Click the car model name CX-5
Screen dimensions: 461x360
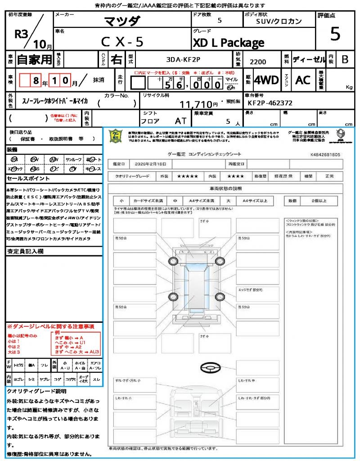click(x=122, y=42)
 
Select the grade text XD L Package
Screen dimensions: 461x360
click(x=228, y=43)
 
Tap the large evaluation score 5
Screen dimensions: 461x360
click(x=335, y=34)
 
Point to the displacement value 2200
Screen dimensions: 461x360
click(x=258, y=62)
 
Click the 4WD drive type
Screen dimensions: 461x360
click(x=266, y=80)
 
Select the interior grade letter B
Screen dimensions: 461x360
click(x=344, y=59)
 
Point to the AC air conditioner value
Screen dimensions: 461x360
click(x=303, y=80)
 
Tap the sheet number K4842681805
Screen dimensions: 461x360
click(x=325, y=154)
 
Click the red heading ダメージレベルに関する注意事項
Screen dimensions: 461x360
click(x=51, y=326)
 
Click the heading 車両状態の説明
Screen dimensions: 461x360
click(x=225, y=188)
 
